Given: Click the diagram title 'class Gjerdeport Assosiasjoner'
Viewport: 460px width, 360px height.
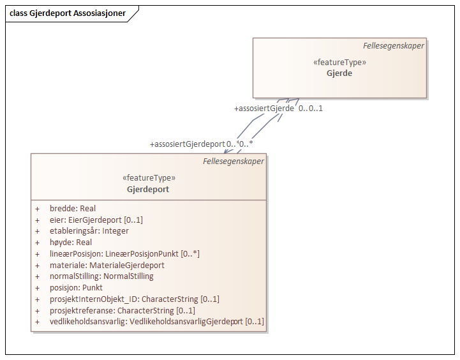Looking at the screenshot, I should pos(67,13).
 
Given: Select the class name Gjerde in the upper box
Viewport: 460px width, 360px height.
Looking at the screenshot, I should pos(339,73).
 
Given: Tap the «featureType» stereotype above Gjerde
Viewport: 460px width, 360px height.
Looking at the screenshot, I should pos(339,63).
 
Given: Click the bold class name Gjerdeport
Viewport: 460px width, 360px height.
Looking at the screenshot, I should pos(148,190).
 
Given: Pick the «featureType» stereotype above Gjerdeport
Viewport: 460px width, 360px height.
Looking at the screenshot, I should pos(148,178).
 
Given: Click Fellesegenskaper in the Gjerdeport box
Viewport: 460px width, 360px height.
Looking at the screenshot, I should pos(233,161).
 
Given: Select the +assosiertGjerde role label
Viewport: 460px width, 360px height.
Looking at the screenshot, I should pos(264,109).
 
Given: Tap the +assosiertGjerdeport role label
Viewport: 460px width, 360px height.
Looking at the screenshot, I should pos(187,144).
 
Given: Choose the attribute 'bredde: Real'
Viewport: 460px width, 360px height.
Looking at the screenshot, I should pos(73,209).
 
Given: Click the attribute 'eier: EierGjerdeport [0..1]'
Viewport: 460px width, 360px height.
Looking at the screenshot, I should pos(96,220).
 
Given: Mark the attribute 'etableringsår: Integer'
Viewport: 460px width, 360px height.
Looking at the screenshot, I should pos(89,231).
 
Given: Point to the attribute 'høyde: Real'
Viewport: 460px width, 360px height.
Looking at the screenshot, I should pos(71,243).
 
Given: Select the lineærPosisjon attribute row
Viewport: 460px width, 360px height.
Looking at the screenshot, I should pos(124,254).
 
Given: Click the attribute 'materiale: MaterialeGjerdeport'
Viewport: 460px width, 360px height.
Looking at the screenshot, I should pos(107,265).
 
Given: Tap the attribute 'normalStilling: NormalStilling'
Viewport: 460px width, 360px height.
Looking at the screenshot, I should pos(101,276).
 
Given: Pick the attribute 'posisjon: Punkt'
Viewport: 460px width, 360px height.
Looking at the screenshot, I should pos(76,288).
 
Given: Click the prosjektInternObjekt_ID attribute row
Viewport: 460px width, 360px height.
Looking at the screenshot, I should pos(134,299).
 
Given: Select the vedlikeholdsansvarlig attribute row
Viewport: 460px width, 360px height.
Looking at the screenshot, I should pos(156,322).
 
